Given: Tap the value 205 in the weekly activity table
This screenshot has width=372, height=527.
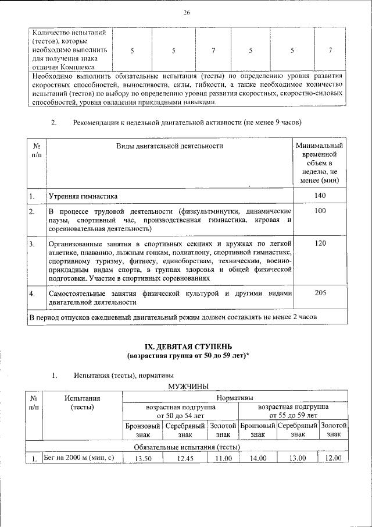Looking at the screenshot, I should click(x=320, y=293).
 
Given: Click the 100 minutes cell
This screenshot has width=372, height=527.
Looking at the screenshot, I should click(x=320, y=210).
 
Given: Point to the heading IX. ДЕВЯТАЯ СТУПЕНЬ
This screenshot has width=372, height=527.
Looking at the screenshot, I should click(x=186, y=346).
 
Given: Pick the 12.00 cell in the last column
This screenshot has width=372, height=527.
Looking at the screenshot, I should click(x=334, y=458).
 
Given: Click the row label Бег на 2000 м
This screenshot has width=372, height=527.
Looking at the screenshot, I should click(x=82, y=458).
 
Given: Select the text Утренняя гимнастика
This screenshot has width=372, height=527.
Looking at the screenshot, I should click(x=83, y=196).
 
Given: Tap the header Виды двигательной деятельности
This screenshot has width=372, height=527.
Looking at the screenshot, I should click(x=169, y=146).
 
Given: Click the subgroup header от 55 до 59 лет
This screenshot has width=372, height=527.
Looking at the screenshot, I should click(x=293, y=415).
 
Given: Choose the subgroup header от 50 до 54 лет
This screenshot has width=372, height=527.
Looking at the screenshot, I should click(x=180, y=415).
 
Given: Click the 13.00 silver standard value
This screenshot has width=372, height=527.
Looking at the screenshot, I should click(x=298, y=458).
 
